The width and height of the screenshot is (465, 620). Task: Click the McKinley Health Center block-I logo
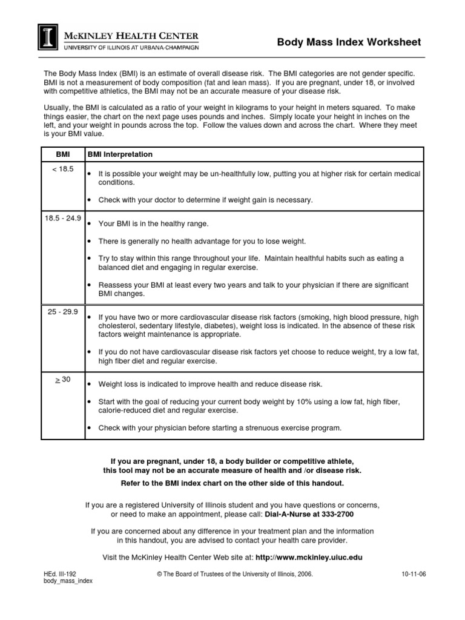(x=48, y=36)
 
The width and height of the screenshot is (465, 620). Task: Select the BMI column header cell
(x=63, y=155)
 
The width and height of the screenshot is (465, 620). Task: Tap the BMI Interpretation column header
(x=120, y=155)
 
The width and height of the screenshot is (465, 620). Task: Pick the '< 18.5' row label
(x=63, y=170)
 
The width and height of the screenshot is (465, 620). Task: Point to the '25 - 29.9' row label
(x=63, y=311)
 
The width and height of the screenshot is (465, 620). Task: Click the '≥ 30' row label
(x=63, y=379)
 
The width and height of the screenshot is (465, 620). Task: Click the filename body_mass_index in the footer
(x=68, y=581)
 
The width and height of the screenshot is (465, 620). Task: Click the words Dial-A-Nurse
(x=288, y=514)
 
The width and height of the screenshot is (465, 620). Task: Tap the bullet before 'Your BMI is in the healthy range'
(x=90, y=224)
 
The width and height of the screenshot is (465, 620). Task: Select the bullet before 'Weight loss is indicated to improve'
(x=90, y=384)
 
